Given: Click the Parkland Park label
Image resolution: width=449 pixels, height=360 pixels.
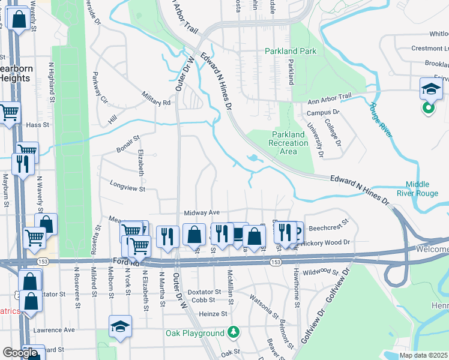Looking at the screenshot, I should click(x=291, y=51).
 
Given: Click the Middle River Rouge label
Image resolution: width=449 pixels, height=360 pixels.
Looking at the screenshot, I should click(x=421, y=188).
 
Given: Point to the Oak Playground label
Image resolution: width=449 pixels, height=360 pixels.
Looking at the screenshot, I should click(x=195, y=333).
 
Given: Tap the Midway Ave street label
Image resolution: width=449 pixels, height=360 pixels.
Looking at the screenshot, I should click(x=202, y=212).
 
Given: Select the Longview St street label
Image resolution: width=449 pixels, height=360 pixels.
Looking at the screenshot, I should click(x=127, y=188).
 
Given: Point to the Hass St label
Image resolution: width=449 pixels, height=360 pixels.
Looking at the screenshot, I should click(x=37, y=125).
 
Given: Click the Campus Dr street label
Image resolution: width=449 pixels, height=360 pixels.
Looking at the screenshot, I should click(x=323, y=112).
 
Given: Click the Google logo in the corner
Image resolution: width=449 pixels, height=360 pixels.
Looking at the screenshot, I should click(x=20, y=353).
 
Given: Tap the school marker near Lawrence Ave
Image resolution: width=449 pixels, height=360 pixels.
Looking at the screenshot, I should click(x=120, y=326).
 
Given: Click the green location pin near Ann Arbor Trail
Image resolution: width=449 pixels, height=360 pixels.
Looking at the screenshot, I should click(x=428, y=109).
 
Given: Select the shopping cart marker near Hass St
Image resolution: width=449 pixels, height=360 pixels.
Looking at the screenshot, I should click(x=9, y=112).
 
